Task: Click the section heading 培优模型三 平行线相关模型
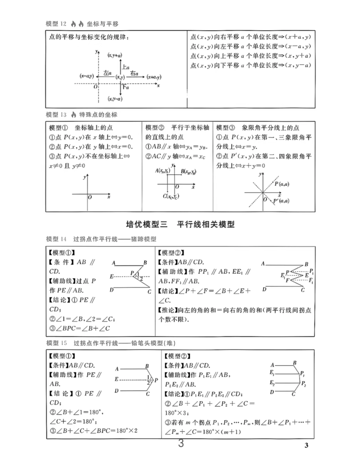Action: coord(180,225)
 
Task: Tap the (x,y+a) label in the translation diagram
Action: coord(115,55)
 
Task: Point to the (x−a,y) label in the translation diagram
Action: coord(86,76)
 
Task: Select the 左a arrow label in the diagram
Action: coord(107,73)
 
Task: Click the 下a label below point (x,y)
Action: coord(125,88)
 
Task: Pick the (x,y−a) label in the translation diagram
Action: coord(115,99)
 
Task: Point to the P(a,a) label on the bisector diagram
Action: coord(282,184)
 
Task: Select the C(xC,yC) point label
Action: coord(171,196)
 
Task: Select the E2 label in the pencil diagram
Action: coord(272,383)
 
